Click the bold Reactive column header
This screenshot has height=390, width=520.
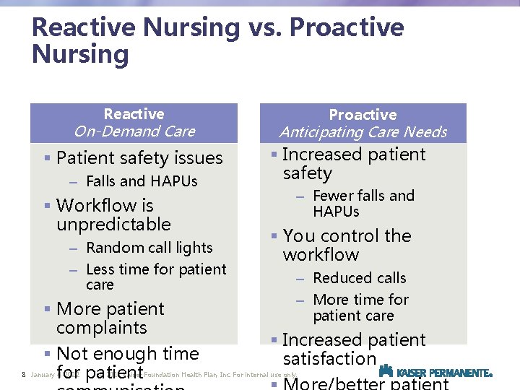134,114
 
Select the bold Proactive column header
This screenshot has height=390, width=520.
363,115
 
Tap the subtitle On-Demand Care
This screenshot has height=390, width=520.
134,131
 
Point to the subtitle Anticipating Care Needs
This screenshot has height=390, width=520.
363,132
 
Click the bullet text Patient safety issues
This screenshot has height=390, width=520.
139,158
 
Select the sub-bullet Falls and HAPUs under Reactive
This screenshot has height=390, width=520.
142,181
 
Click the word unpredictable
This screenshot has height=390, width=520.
113,225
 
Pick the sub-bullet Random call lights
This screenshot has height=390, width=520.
149,248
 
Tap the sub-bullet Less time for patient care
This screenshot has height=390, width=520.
155,277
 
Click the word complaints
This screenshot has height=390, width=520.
101,328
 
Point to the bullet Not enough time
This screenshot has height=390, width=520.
127,354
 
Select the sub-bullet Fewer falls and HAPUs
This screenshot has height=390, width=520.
363,204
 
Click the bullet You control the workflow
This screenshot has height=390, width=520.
347,245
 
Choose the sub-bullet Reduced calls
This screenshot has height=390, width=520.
359,278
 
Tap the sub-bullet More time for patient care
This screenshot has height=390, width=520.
360,308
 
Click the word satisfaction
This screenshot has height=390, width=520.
329,359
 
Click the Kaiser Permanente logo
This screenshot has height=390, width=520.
435,372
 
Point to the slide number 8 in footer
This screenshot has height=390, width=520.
24,375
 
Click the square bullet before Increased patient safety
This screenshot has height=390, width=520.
274,155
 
